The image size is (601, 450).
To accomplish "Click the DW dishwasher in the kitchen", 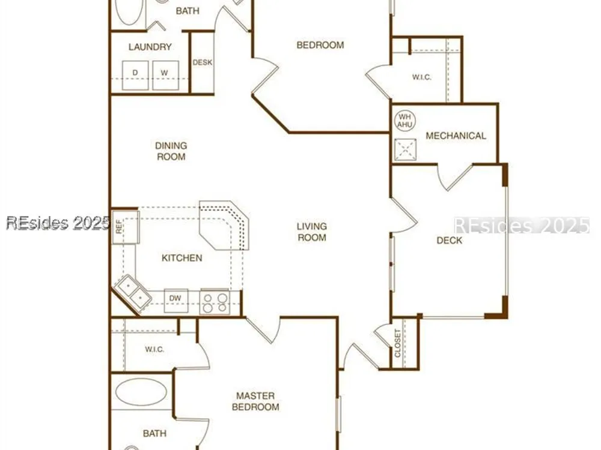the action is coord(176,301).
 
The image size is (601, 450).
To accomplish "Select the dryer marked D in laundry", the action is coord(135,75).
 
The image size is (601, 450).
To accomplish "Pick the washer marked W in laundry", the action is coord(165,75).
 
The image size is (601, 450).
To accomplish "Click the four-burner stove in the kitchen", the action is coord(215,302).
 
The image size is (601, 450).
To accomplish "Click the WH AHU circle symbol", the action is coord(404,121).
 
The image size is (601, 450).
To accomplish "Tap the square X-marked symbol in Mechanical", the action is coord(405,149).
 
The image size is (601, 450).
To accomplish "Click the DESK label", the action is coord(203,62).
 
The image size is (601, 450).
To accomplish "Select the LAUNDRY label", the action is coord(150,47).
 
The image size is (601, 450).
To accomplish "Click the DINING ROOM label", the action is coord(171,151).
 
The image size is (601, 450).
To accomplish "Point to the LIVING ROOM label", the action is coord(312,232).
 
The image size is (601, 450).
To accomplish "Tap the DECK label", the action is coord(449,241).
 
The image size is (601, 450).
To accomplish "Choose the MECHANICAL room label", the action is coord(456,136).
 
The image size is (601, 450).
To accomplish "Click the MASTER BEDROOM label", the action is coord(255,401).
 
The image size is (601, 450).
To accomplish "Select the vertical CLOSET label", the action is coord(397,343).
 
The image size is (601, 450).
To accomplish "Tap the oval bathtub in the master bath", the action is coord(141,392).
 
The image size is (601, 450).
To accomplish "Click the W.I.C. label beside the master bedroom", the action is coord(154,349).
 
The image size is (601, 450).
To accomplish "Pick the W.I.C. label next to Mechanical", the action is coord(422,77).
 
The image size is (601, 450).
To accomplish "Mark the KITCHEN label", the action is coord(182,258).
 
